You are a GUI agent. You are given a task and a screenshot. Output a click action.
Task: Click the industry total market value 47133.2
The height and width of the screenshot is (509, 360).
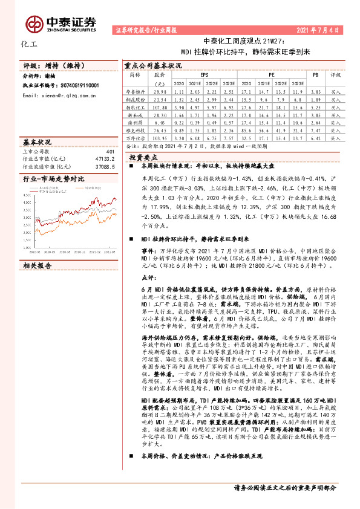click(x=106, y=159)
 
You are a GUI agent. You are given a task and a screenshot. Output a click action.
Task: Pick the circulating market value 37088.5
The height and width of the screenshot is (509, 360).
click(x=106, y=166)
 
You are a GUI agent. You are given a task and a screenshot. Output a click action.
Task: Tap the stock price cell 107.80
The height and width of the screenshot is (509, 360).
click(x=160, y=105)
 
